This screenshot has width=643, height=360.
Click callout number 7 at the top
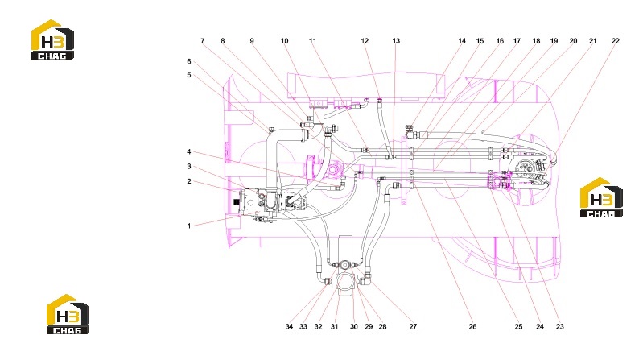(202, 41)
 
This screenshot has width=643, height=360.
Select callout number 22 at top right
(615, 41)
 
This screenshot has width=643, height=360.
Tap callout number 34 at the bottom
(289, 327)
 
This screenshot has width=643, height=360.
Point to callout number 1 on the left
(189, 226)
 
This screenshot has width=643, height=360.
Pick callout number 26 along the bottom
(472, 327)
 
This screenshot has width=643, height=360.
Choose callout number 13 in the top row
(396, 41)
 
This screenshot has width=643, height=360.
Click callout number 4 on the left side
(189, 152)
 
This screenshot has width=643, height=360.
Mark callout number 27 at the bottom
(413, 327)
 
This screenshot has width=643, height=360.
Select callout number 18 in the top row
(536, 41)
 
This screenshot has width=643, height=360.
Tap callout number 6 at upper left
(189, 61)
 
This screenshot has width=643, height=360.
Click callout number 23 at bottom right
(560, 327)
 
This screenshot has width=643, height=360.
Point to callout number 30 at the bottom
(353, 327)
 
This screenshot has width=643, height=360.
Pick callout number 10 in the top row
(284, 41)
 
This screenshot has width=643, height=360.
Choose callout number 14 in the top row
(462, 41)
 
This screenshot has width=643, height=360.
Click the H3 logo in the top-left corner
(52, 39)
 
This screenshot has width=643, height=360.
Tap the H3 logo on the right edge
(601, 197)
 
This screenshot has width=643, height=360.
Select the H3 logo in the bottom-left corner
(68, 314)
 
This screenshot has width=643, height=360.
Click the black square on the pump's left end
(237, 202)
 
